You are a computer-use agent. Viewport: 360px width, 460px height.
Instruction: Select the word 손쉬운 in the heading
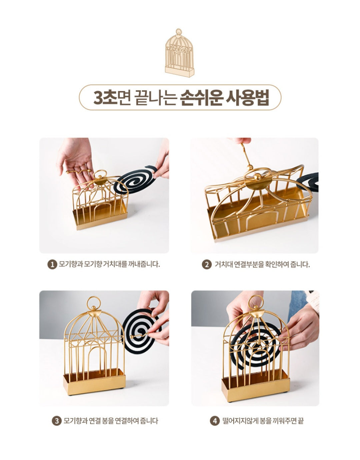point(200,98)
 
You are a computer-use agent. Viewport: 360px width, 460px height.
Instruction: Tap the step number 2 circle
point(207,265)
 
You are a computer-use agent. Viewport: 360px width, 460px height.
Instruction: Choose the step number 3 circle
point(57,421)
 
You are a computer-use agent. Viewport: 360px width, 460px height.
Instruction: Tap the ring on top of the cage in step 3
point(93,303)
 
